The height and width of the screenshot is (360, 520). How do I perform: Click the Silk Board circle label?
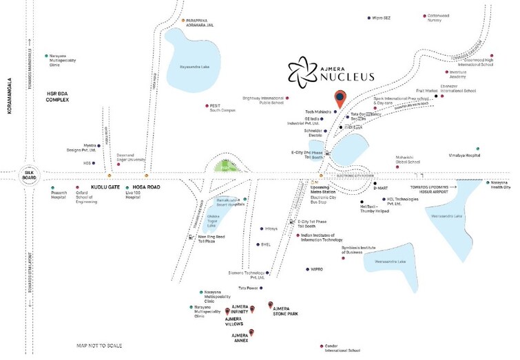click(29, 175)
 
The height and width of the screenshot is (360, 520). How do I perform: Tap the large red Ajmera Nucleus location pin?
click(340, 99)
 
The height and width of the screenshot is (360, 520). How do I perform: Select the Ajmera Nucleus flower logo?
click(300, 70)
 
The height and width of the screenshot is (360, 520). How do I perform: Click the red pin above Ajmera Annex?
click(252, 333)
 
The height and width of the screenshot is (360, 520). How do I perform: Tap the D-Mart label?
click(381, 187)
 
